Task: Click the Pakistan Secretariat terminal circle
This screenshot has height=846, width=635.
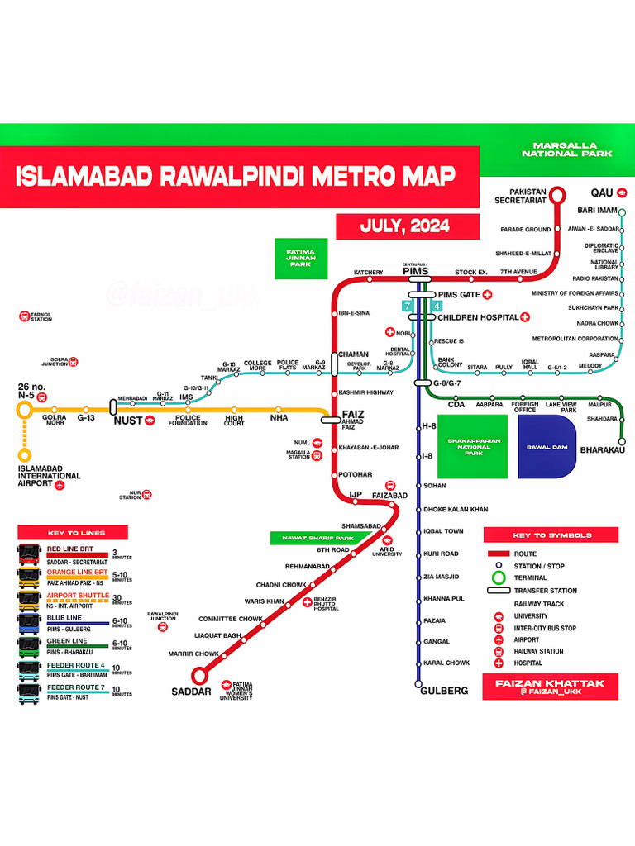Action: pos(557,195)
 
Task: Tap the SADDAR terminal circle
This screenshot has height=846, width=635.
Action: pos(199,675)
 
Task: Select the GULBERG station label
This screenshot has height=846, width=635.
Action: pos(444,691)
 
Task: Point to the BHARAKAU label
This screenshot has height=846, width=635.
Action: pos(603,450)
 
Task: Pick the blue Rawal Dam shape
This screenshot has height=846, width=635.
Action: pos(549,447)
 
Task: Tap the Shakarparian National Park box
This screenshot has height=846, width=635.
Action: pos(473,447)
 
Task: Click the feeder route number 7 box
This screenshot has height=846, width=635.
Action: pos(407,307)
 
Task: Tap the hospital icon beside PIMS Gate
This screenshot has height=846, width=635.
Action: pos(488,294)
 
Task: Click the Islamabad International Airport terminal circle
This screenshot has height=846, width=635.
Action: pos(25,455)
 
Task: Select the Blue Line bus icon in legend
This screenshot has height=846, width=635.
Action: pos(29,622)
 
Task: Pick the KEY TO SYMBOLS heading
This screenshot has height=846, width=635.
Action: pos(551,535)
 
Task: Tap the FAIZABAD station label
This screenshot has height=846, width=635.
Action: pos(390,496)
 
